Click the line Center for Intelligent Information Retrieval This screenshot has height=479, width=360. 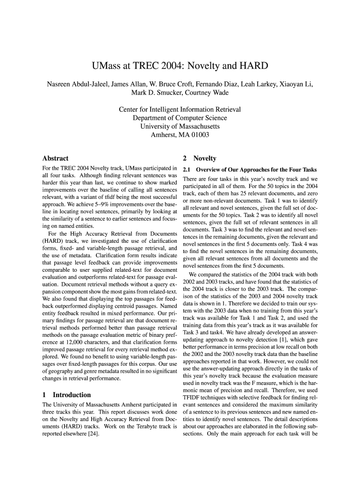click(x=180, y=109)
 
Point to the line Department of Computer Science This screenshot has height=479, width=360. click(x=180, y=118)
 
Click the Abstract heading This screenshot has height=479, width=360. click(x=55, y=158)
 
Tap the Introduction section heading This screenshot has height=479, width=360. click(x=72, y=394)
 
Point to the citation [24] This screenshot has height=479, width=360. click(x=94, y=434)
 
